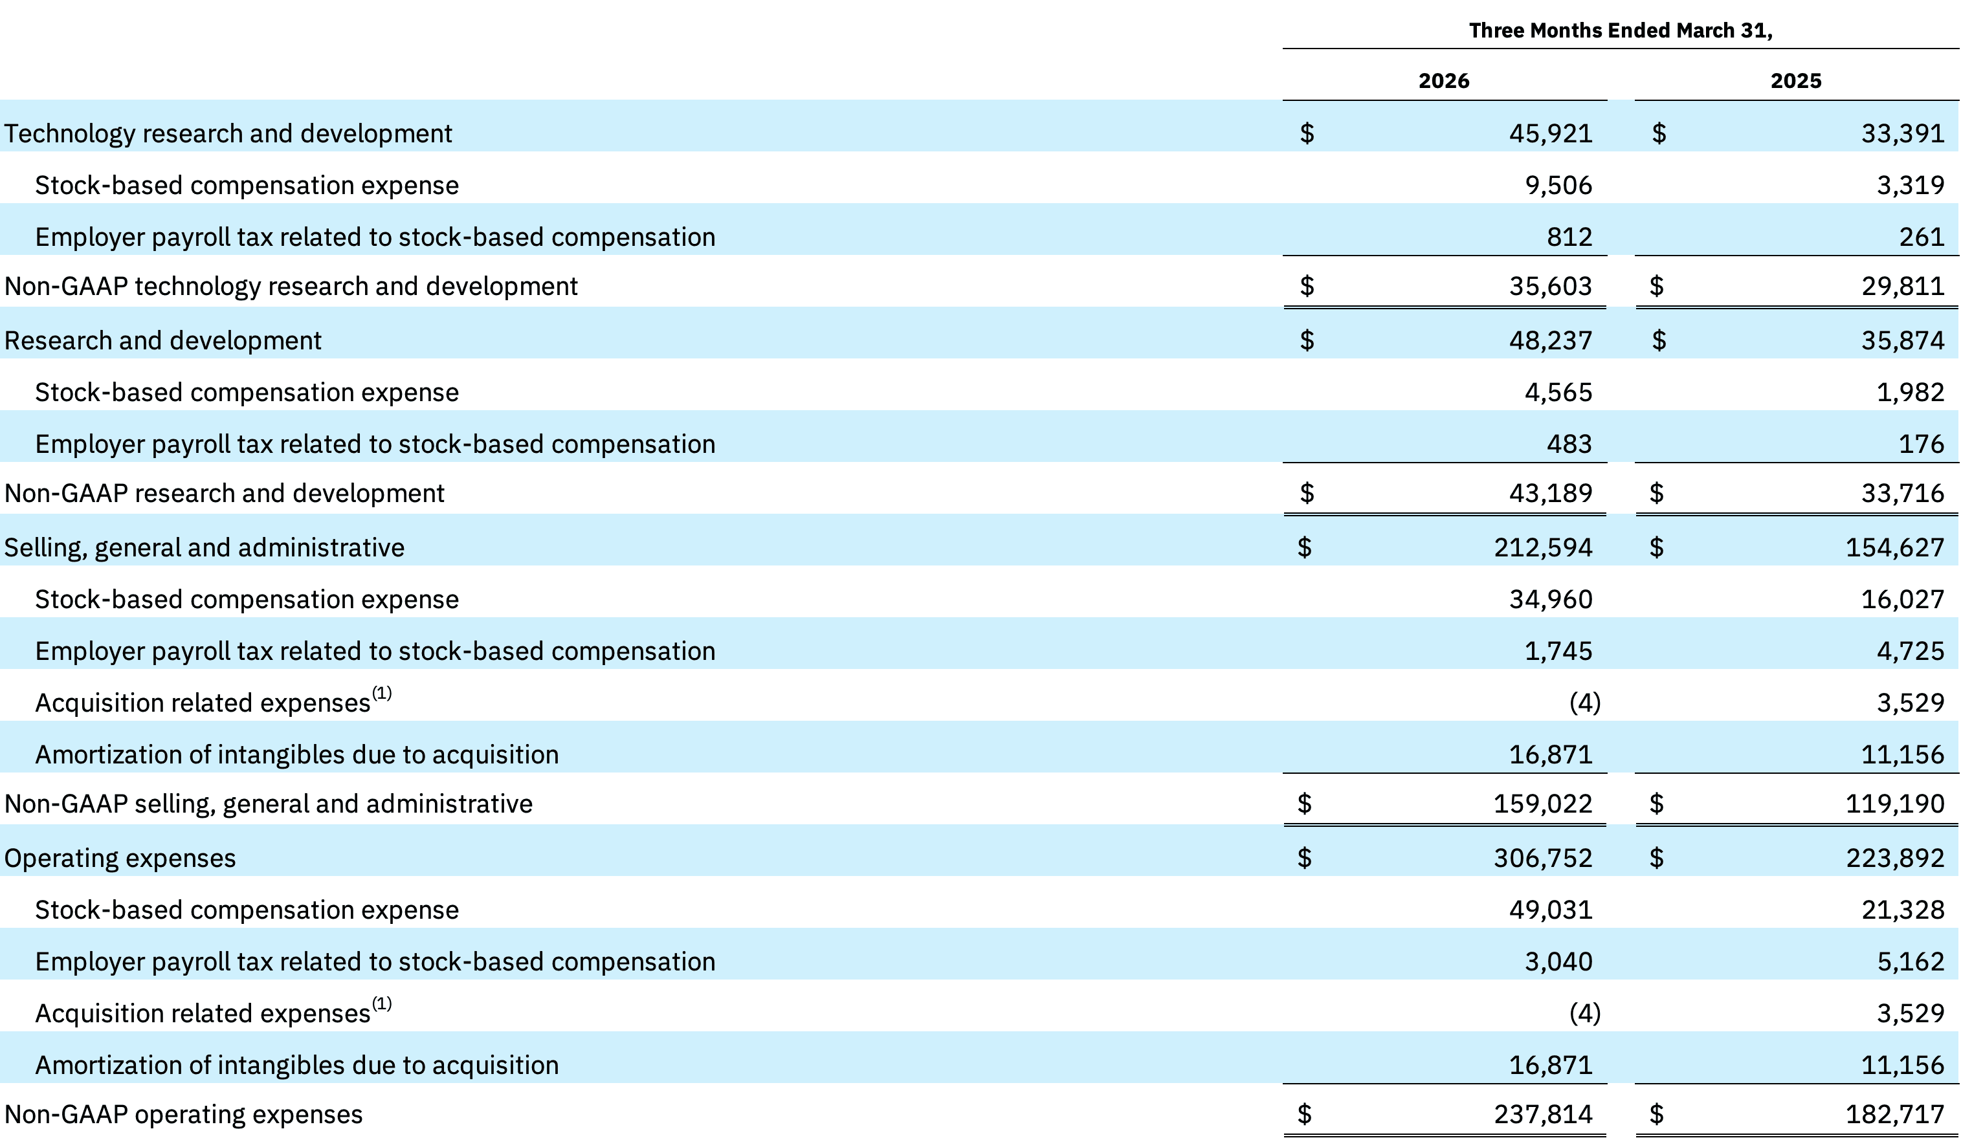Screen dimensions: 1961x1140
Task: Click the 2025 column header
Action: [1796, 81]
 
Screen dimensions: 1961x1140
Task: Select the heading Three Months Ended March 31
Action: [1621, 30]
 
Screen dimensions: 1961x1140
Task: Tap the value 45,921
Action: [1551, 133]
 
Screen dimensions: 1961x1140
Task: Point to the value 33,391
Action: [1903, 133]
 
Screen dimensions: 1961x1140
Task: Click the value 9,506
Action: [1558, 185]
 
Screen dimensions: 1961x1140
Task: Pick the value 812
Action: [1569, 237]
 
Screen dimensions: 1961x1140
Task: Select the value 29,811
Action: [1903, 287]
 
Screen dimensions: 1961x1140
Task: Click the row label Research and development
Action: [162, 341]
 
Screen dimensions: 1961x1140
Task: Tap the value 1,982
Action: [1911, 392]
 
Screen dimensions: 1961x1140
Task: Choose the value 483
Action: [1569, 444]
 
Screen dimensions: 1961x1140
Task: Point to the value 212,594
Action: [1543, 548]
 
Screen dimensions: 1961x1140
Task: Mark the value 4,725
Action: [1911, 650]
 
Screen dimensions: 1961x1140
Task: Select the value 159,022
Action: [1543, 803]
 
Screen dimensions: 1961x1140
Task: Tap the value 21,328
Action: [1903, 910]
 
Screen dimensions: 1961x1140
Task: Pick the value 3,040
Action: [1558, 961]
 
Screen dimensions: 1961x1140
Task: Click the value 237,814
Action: [1543, 1114]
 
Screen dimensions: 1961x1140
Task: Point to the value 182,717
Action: [1895, 1114]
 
